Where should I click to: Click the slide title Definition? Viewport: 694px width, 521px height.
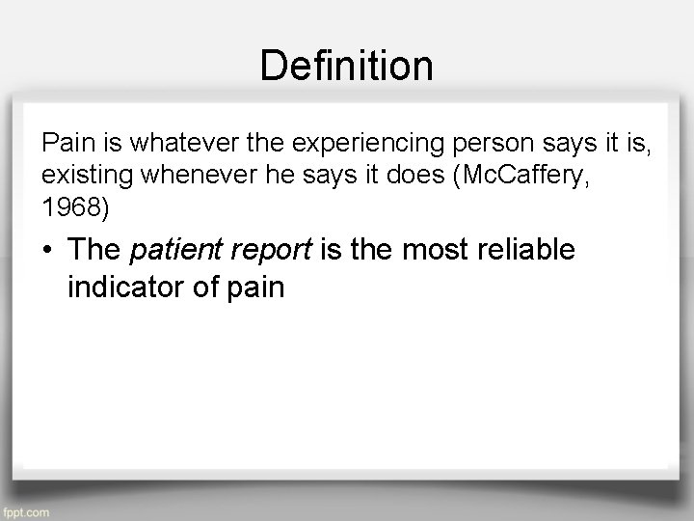coord(347,66)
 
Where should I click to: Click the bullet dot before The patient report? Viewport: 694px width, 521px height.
coord(48,251)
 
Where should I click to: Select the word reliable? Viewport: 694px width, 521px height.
coord(524,251)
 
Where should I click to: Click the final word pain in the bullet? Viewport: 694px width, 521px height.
coord(255,286)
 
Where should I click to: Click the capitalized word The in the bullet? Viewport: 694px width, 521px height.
coord(94,251)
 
